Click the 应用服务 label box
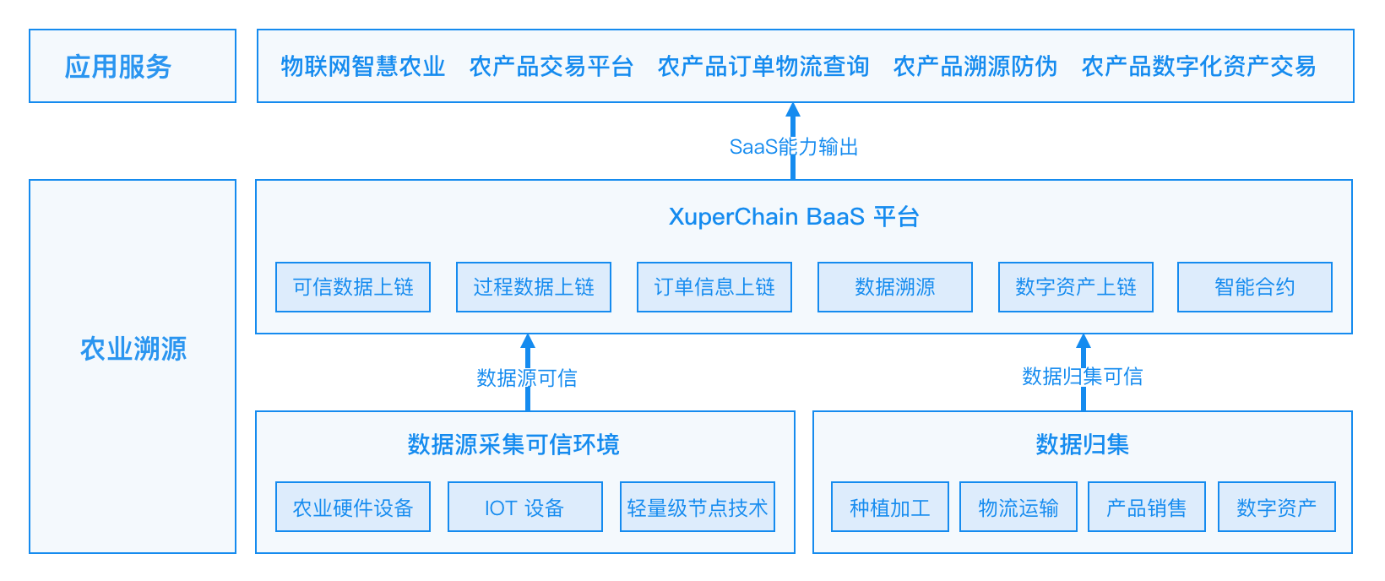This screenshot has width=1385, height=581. point(133,66)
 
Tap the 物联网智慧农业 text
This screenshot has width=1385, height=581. point(363,66)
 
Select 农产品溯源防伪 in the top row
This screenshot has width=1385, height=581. point(975,66)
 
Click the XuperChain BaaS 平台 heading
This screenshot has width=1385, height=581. point(794,217)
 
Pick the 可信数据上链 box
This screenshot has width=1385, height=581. point(353,287)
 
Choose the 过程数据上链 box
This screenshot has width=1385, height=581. point(534,287)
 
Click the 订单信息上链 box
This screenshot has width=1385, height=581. point(714,287)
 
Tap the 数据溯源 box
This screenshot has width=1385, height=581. point(894,287)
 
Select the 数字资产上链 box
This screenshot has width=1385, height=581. point(1075,287)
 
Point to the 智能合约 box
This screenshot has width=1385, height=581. point(1255,287)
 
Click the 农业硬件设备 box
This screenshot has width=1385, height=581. point(353,507)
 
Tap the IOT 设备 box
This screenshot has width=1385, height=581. point(525,507)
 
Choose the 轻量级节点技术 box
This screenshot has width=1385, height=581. point(698,507)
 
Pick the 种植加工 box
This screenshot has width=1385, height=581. point(890,507)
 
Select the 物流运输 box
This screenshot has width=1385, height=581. point(1018,507)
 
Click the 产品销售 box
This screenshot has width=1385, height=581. point(1147,507)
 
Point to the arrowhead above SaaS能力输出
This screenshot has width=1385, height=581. point(793,110)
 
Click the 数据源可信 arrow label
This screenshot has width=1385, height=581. point(527,377)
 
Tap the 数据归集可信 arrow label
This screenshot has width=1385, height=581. point(1083,377)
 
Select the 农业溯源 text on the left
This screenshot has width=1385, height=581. point(133,350)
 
